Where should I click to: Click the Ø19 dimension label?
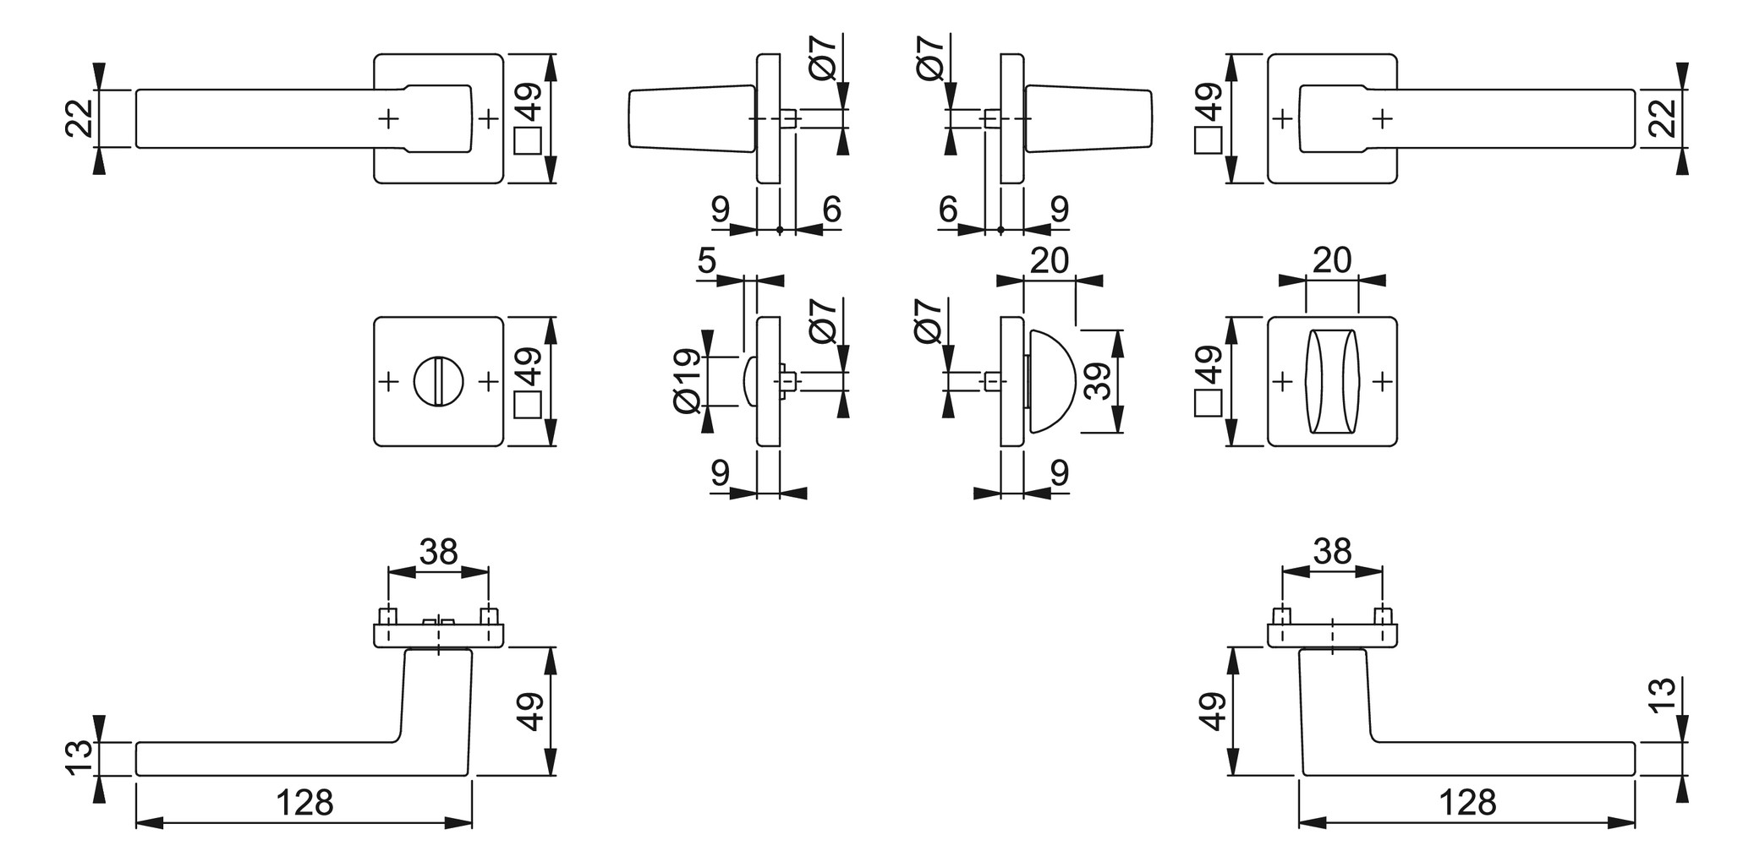point(688,381)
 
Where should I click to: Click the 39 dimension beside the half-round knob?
point(1098,381)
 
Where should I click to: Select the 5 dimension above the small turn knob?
point(707,261)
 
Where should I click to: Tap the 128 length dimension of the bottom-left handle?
point(304,802)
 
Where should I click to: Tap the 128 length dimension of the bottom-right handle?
point(1467,802)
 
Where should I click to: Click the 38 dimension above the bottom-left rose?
point(438,552)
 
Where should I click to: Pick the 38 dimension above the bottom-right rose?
point(1332,552)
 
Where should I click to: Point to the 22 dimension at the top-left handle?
point(79,118)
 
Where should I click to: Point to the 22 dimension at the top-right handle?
point(1663,118)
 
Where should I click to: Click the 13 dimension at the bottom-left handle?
point(79,758)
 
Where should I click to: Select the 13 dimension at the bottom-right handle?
point(1663,696)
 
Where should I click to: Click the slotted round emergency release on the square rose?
point(438,382)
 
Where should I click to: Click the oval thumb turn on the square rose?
point(1332,382)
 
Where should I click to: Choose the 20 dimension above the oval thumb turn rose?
point(1332,260)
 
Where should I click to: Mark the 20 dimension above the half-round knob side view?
point(1050,260)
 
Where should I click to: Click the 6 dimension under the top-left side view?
point(831,209)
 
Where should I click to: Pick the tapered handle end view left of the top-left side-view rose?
point(691,118)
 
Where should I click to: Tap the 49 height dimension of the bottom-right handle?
point(1213,711)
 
